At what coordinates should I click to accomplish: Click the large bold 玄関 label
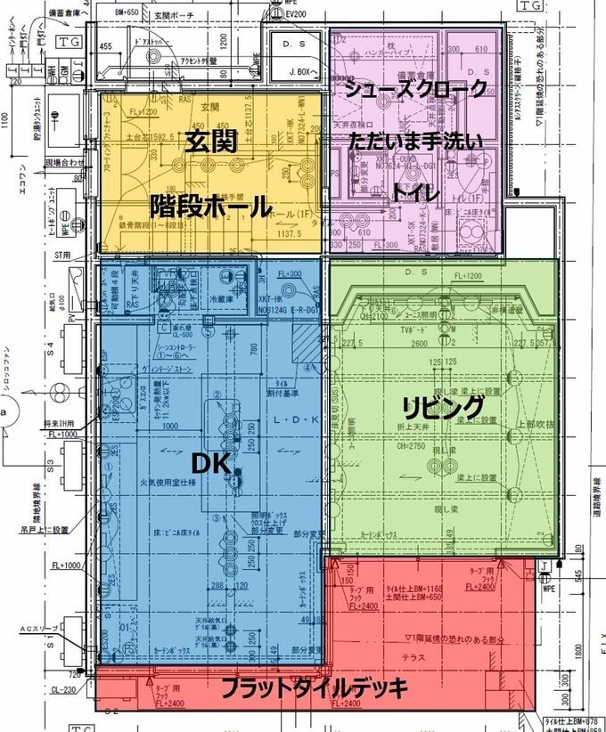(x=211, y=142)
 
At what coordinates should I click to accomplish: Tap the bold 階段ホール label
(x=211, y=207)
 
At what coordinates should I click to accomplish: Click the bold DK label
(x=211, y=462)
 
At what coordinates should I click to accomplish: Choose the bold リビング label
(x=443, y=408)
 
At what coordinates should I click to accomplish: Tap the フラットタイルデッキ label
(x=314, y=688)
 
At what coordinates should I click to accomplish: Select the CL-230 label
(x=62, y=687)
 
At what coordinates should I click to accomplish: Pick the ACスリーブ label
(x=40, y=629)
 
